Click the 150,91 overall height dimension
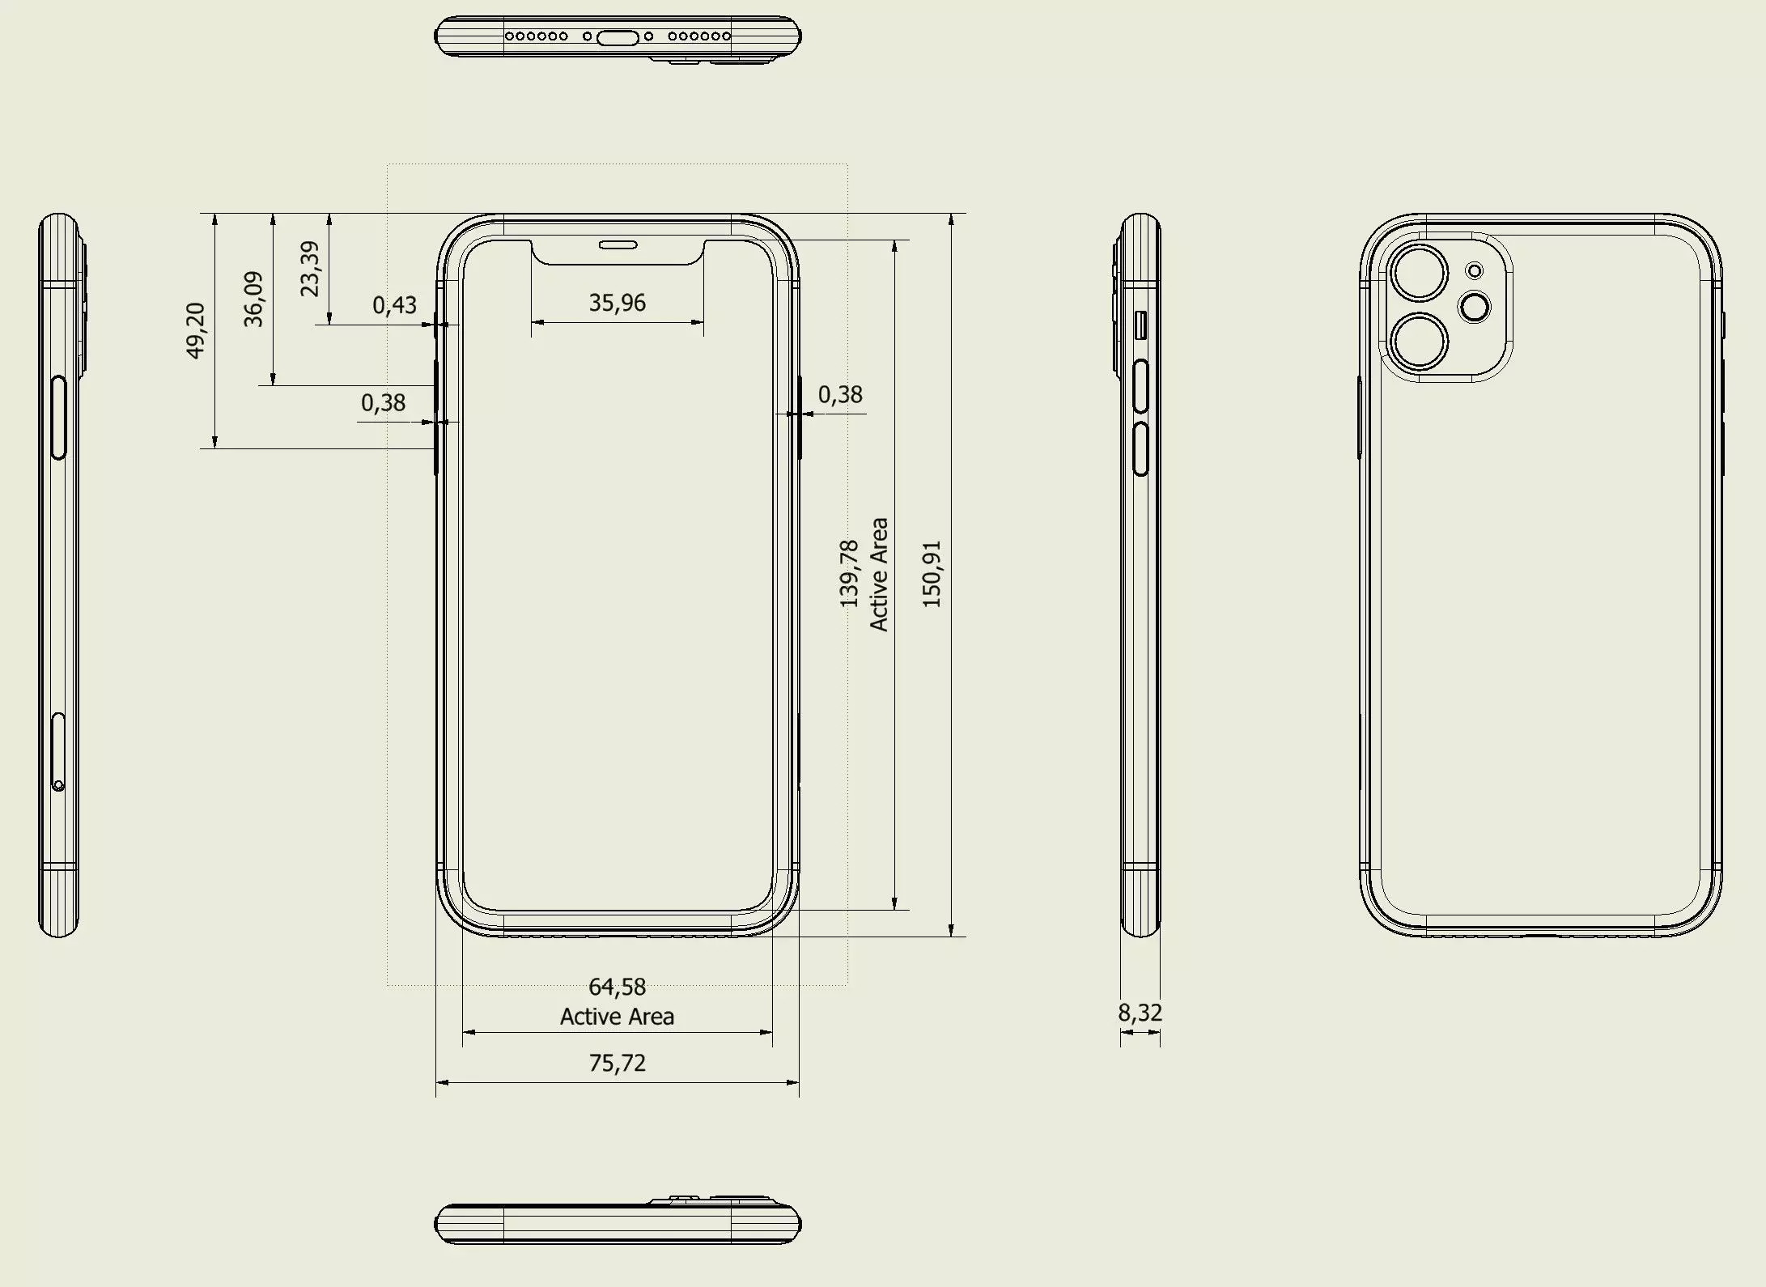[x=932, y=575]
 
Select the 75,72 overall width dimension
[x=618, y=1063]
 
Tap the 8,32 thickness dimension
[x=1140, y=1013]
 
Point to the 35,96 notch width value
[x=618, y=303]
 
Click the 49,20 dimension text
[x=195, y=330]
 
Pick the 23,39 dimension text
[x=310, y=269]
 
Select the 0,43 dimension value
[x=394, y=305]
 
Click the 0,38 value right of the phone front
[x=840, y=394]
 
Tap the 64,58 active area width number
[x=618, y=987]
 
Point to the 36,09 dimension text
[x=253, y=299]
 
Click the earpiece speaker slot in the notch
[x=618, y=244]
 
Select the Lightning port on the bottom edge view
[x=618, y=36]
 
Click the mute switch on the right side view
[x=1141, y=325]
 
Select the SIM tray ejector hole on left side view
[x=58, y=785]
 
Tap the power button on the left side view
[x=58, y=417]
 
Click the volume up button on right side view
[x=1141, y=387]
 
